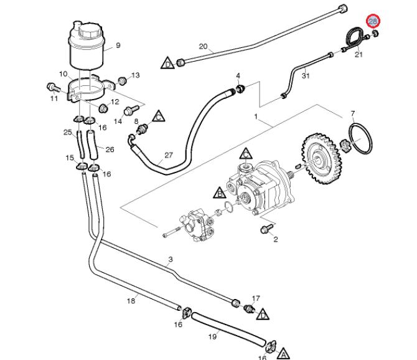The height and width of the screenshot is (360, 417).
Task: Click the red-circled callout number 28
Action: [373, 21]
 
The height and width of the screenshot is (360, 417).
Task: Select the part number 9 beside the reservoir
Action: [118, 45]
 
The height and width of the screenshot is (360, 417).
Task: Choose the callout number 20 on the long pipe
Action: [203, 47]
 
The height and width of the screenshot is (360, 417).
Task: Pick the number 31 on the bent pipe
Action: [305, 76]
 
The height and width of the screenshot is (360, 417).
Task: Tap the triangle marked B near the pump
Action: [218, 192]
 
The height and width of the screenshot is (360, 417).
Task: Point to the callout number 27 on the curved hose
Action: [167, 156]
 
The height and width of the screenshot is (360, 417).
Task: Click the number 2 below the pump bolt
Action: [275, 239]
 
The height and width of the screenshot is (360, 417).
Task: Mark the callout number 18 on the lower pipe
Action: [131, 301]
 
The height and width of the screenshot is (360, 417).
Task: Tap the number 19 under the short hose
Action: [212, 336]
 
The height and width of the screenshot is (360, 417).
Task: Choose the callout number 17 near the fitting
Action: [256, 298]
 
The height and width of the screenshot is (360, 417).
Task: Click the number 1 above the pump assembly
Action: [255, 116]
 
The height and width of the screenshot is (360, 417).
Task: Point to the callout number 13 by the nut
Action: [136, 75]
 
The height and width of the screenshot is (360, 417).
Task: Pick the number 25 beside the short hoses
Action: [68, 132]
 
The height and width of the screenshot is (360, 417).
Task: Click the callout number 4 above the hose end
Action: [238, 76]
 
